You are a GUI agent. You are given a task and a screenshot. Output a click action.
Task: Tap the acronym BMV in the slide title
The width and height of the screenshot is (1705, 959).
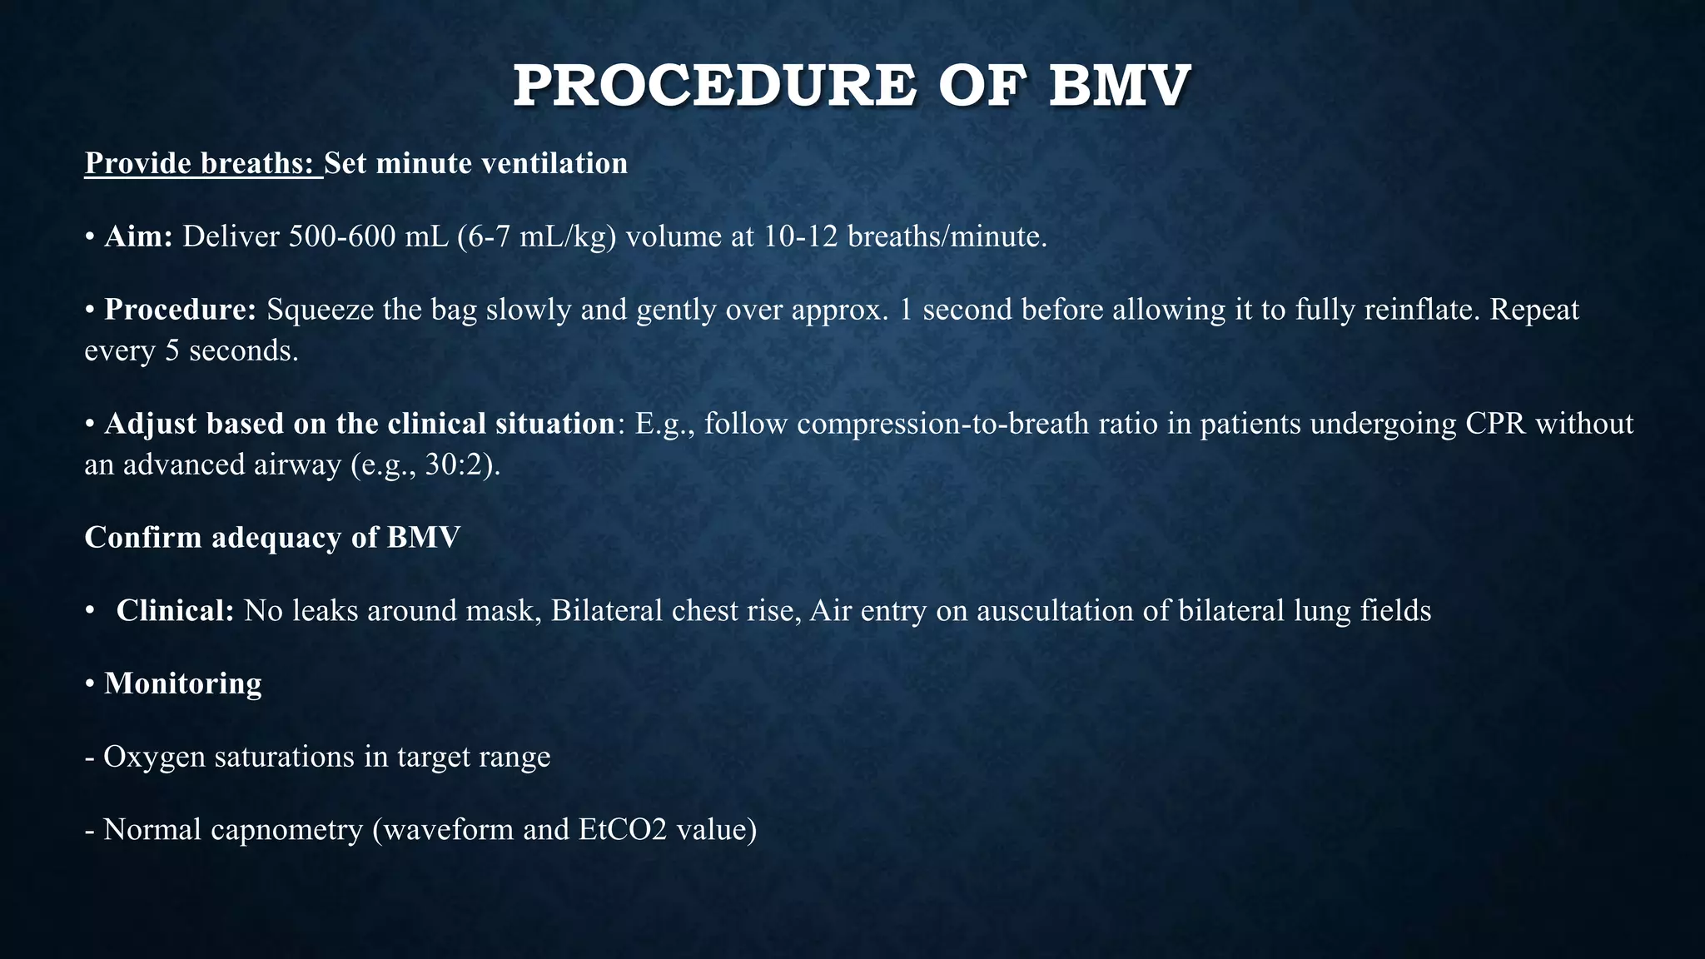click(x=1119, y=87)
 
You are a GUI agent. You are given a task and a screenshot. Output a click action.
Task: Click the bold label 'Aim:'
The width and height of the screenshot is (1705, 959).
click(x=138, y=237)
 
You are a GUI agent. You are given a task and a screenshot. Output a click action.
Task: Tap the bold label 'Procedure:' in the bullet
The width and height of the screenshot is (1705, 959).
click(x=180, y=310)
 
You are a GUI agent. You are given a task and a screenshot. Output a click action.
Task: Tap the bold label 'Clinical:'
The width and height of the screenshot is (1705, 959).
click(x=175, y=611)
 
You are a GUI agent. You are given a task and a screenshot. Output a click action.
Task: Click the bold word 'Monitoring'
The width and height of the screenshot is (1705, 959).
click(x=183, y=683)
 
